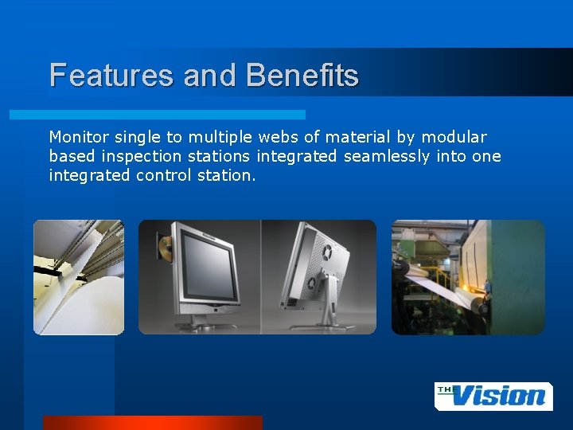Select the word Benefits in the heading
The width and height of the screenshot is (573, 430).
point(302,76)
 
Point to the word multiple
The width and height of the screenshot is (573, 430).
point(204,137)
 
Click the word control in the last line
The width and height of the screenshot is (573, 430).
point(162,175)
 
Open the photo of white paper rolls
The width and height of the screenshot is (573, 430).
point(78,276)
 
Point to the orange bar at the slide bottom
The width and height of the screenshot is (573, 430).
point(152,422)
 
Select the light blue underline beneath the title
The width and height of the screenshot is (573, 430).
point(157,115)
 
